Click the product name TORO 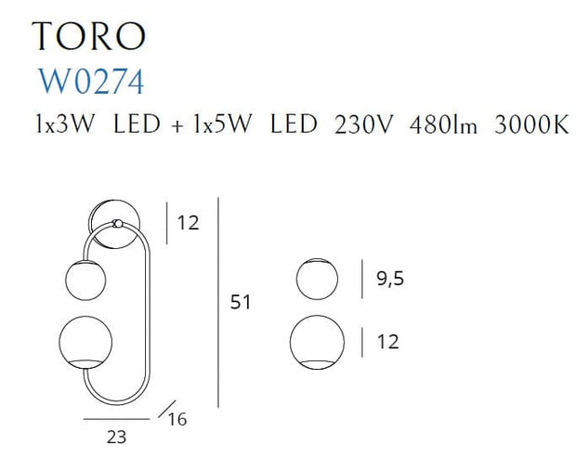click(89, 35)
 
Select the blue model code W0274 click(91, 82)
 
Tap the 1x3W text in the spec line click(65, 124)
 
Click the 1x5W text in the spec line click(223, 124)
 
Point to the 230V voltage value click(363, 124)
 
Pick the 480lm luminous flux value click(443, 124)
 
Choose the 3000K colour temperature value click(531, 124)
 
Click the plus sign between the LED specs click(177, 126)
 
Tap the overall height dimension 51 click(241, 302)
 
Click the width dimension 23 click(116, 438)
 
